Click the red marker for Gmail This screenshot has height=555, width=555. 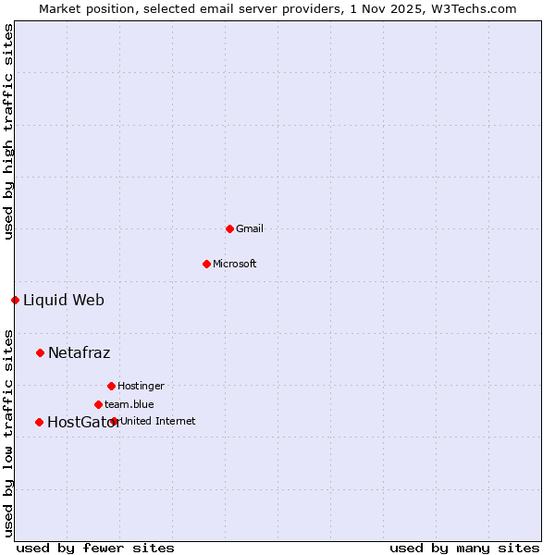coord(229,228)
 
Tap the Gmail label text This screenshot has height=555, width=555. coord(250,228)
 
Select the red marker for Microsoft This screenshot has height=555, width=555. coord(206,264)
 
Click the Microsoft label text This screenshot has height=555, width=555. coord(235,264)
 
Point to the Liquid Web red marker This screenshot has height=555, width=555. coord(15,300)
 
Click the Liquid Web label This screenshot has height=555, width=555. coord(64,300)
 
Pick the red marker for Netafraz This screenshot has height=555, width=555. coord(40,352)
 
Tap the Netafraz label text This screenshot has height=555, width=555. coord(80,352)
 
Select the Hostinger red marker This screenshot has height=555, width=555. coord(111,386)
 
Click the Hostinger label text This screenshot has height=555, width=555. coord(141,386)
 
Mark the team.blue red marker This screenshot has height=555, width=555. coord(98,404)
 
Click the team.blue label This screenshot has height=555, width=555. coord(129,404)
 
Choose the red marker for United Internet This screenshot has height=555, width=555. coord(114,421)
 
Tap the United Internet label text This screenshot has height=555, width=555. coord(158,421)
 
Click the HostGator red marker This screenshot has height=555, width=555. coord(39,422)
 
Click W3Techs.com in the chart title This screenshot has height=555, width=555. coord(479,8)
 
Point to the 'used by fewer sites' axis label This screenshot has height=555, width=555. coord(95,548)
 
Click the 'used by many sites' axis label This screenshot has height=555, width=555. coord(464,548)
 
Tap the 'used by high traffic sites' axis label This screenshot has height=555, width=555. coord(8,131)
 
